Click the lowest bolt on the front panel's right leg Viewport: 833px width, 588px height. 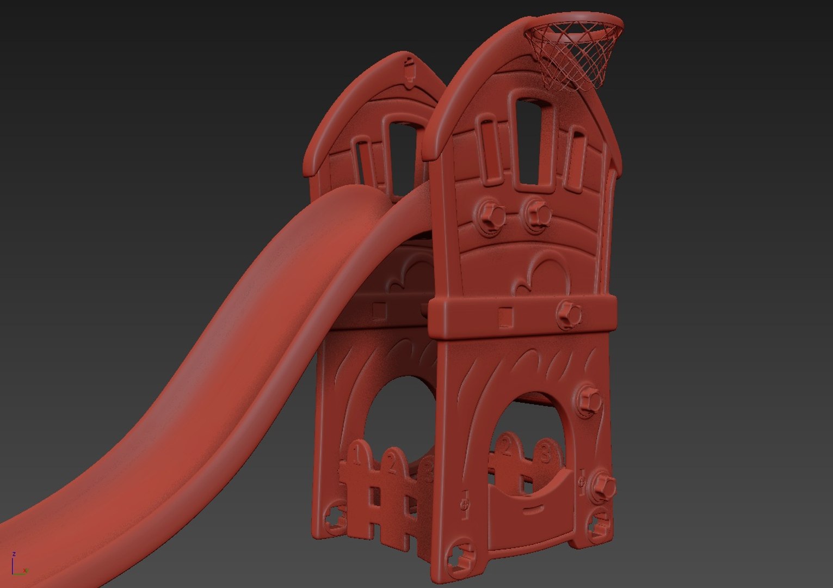pyautogui.click(x=602, y=484)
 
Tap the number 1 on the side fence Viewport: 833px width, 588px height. pyautogui.click(x=357, y=454)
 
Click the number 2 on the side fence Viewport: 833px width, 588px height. pyautogui.click(x=392, y=463)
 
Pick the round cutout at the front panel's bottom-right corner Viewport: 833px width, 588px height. pyautogui.click(x=598, y=523)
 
